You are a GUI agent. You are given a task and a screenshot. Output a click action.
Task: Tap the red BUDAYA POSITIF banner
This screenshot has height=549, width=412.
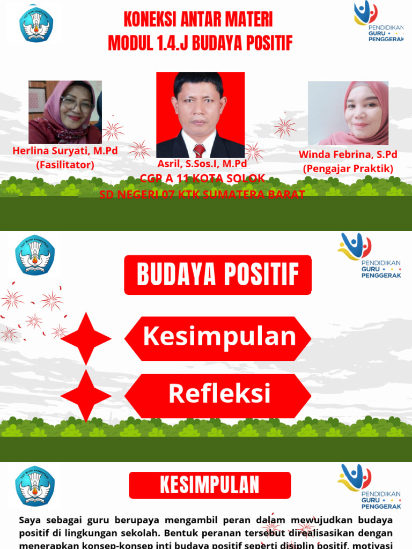[218, 274]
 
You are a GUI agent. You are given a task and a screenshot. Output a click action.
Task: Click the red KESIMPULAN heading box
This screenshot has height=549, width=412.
[210, 485]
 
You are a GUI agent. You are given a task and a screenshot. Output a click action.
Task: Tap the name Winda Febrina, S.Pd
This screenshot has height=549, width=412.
[348, 155]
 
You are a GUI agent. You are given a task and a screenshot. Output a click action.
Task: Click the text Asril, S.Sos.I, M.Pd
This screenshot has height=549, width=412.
[202, 164]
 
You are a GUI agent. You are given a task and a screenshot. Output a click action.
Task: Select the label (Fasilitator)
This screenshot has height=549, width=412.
[65, 165]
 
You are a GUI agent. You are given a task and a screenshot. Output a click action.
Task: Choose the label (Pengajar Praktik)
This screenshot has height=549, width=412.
[348, 168]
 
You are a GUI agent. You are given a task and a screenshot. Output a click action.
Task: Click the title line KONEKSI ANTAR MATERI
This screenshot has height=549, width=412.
[198, 20]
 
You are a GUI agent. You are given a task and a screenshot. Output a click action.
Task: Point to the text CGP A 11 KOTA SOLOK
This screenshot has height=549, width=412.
[202, 178]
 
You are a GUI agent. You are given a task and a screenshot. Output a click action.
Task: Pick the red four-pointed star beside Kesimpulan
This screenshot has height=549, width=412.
[86, 338]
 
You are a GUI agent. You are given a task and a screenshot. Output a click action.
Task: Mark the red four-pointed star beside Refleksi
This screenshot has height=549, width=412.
[86, 395]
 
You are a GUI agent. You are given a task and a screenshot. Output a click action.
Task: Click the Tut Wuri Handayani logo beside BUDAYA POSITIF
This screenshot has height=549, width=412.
[35, 255]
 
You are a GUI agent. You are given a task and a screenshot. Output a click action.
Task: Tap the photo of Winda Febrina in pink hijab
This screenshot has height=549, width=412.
[348, 113]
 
